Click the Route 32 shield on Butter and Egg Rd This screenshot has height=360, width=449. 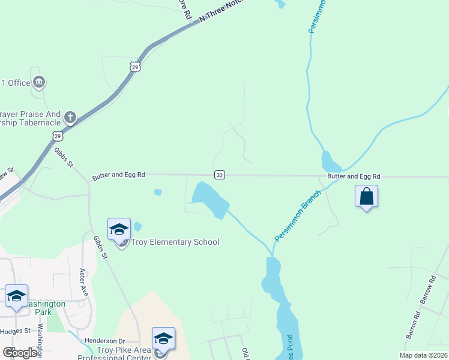220,175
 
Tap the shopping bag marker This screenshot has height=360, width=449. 366,197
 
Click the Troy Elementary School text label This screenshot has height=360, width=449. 175,242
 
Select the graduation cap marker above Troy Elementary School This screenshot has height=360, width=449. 119,229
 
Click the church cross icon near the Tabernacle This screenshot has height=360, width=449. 70,117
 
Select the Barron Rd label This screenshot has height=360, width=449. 413,325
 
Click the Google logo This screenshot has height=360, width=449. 20,353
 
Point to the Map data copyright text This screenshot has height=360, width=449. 423,355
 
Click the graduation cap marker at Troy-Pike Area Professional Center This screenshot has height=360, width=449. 163,338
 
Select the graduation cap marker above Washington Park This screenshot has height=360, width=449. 17,296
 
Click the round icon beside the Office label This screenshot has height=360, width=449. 40,82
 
